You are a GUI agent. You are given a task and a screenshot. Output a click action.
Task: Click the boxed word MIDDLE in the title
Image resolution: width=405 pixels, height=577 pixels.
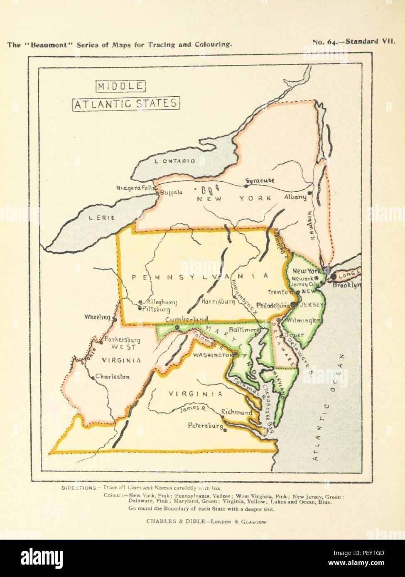[120, 86]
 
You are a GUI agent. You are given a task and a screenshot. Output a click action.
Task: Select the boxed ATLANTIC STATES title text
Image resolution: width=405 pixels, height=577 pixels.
[126, 103]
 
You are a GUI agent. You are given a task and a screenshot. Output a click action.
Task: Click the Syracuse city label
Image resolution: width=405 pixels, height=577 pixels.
[260, 181]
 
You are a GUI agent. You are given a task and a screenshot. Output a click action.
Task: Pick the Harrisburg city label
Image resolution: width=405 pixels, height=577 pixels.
[218, 302]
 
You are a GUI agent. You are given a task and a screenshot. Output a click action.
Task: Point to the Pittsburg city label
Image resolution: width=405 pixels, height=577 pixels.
[156, 309]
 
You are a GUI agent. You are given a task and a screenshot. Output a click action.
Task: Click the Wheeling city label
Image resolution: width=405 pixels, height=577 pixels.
[97, 317]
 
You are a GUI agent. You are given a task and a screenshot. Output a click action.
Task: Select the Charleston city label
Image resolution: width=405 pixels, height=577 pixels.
[112, 377]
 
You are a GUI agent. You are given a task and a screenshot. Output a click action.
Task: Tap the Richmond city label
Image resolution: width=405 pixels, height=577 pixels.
[236, 412]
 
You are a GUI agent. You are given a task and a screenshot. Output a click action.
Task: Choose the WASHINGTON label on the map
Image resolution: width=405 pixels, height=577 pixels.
[212, 355]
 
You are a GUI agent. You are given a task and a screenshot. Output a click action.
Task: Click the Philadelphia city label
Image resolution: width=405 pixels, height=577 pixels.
[272, 305]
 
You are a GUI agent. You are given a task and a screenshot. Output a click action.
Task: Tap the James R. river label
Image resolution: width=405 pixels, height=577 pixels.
[193, 409]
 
